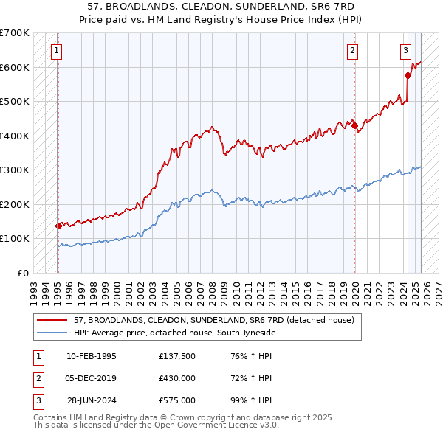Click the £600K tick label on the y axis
(x=15, y=67)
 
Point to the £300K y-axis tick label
(x=15, y=170)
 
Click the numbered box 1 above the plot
(x=57, y=51)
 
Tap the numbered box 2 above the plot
(x=353, y=51)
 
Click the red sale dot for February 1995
(x=58, y=226)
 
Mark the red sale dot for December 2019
(x=354, y=125)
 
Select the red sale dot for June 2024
(x=408, y=75)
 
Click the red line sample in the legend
(x=53, y=320)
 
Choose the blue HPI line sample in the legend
(x=53, y=333)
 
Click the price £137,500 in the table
(x=176, y=356)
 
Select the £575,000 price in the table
(x=176, y=400)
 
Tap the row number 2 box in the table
(x=36, y=378)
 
